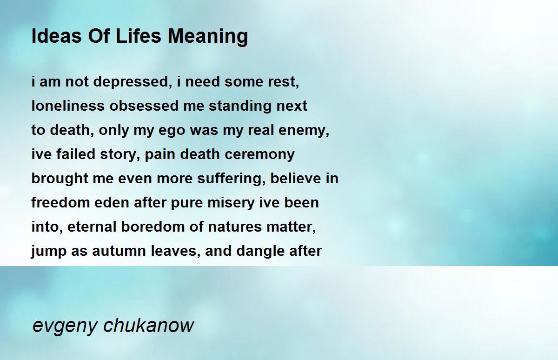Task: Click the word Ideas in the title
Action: tap(57, 36)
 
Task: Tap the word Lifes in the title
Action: tap(138, 36)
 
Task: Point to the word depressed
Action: tap(132, 82)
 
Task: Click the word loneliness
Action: tap(68, 106)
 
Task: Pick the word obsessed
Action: tap(144, 106)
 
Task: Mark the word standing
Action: tap(240, 106)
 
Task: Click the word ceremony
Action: tap(259, 155)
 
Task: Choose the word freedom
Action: tap(60, 202)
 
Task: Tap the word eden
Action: tap(112, 202)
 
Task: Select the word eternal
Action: tap(92, 227)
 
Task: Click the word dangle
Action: tap(260, 251)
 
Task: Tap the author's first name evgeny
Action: tap(65, 326)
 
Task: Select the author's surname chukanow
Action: tap(148, 325)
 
